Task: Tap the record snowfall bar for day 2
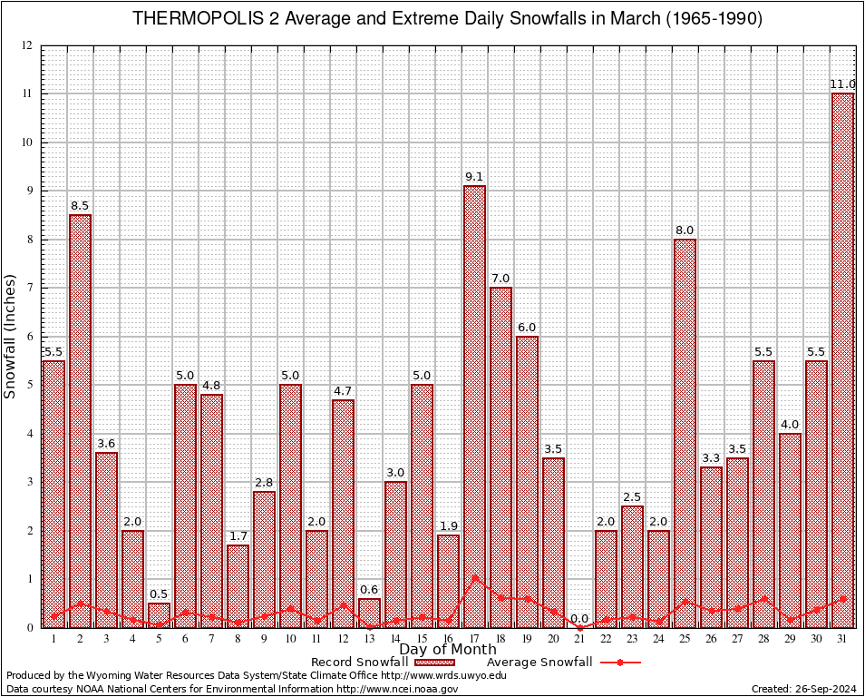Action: pos(80,421)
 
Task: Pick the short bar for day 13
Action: pos(369,613)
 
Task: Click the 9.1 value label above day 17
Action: pos(474,177)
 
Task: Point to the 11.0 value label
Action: pos(843,84)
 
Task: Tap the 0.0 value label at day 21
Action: pos(579,619)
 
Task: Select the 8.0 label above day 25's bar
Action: pos(685,231)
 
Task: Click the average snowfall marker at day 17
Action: pos(474,577)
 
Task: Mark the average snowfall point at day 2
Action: pos(80,603)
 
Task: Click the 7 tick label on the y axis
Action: pos(30,288)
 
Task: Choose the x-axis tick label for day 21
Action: pos(579,638)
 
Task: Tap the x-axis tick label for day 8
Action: pos(238,638)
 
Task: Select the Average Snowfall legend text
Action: pos(539,663)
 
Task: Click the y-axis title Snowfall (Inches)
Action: pos(11,336)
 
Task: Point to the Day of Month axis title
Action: pos(448,650)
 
